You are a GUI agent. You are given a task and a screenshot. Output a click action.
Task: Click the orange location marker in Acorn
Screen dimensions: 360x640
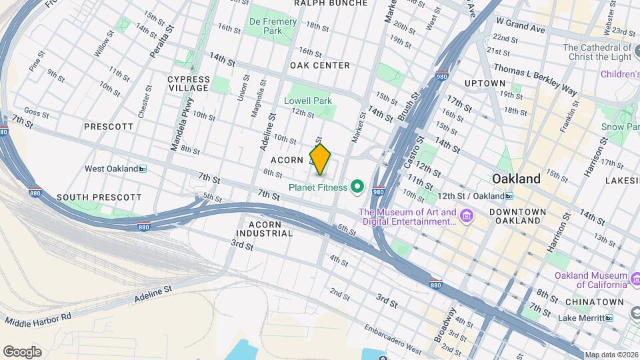click(320, 159)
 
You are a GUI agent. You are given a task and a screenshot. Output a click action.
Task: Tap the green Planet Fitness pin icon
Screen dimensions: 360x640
click(357, 187)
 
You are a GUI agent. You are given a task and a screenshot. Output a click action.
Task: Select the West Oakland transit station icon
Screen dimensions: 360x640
click(142, 169)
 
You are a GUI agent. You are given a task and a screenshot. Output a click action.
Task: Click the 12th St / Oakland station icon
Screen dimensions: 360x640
click(509, 196)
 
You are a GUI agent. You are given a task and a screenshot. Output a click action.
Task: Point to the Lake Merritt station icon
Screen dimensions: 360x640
click(609, 318)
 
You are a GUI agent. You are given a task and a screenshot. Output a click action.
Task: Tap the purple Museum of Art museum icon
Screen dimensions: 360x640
click(467, 217)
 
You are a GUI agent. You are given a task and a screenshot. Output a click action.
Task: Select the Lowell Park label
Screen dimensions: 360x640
click(308, 101)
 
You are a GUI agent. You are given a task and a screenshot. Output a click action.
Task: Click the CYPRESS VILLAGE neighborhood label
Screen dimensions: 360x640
click(189, 83)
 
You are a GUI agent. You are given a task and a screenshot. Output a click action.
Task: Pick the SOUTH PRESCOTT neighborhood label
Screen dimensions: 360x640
click(99, 197)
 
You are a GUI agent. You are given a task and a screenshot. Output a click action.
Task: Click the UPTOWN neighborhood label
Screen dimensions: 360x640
click(485, 83)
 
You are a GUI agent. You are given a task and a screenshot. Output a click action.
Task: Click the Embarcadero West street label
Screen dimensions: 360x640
click(393, 339)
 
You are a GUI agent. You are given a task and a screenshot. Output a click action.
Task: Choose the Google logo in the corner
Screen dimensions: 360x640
click(22, 351)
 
